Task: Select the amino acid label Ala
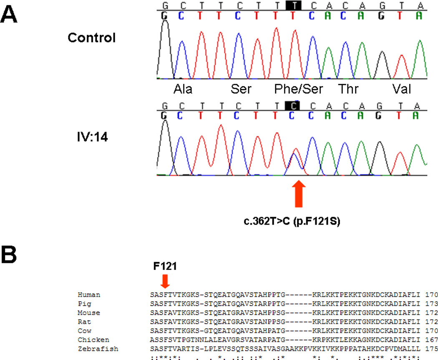(183, 90)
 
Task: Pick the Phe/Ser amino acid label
(297, 90)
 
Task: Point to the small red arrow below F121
(165, 281)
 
